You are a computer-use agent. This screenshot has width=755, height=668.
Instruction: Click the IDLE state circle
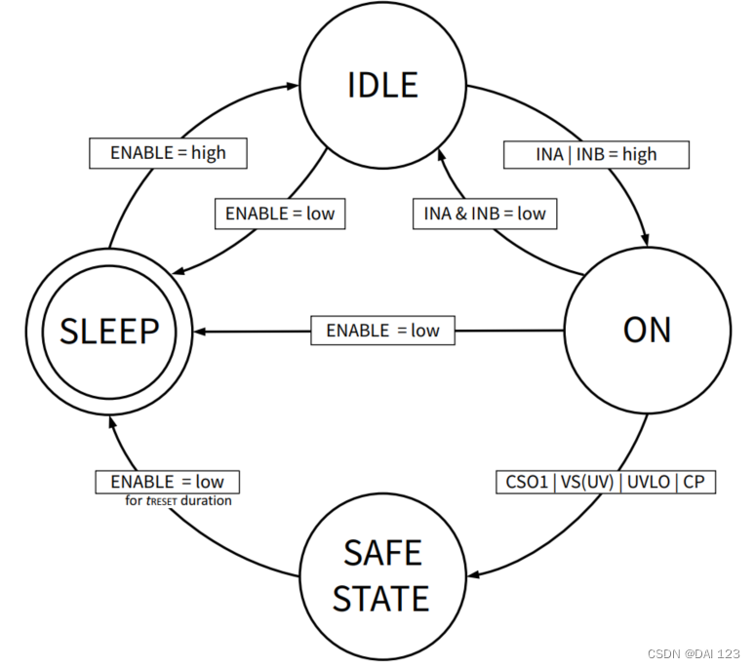click(x=382, y=85)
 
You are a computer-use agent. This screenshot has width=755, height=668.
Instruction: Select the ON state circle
click(x=647, y=331)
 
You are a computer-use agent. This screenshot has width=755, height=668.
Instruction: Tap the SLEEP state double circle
click(x=110, y=332)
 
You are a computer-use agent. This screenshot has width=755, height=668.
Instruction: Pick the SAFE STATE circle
click(x=380, y=575)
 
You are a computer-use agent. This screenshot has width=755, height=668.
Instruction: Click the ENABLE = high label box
click(x=167, y=153)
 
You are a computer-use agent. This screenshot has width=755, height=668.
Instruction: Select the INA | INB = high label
click(x=597, y=154)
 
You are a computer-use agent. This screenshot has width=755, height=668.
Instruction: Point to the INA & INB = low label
click(x=485, y=214)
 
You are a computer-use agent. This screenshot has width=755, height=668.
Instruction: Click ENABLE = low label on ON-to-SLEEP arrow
click(x=382, y=331)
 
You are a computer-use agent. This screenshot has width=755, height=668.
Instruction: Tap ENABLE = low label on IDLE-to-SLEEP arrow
click(x=279, y=213)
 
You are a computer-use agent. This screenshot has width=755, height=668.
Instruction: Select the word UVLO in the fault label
click(x=649, y=482)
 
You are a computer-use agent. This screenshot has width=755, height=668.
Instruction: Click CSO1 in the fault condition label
click(x=527, y=482)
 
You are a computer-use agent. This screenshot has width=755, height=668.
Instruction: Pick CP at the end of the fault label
click(x=695, y=482)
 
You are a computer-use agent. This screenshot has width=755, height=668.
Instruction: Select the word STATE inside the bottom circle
click(x=380, y=598)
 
